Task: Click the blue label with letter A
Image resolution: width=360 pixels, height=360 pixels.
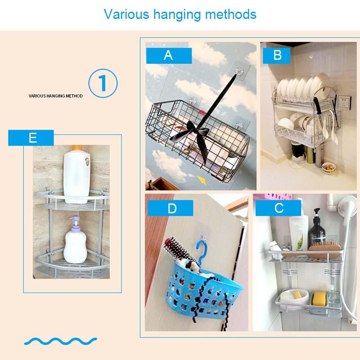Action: coord(168,55)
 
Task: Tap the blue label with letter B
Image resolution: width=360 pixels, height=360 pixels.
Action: coord(278,55)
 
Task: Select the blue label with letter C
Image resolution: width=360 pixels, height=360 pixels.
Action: coord(279,207)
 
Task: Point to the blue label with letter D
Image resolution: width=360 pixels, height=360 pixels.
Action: coord(171,208)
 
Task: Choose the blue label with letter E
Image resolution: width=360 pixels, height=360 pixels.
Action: coord(32,138)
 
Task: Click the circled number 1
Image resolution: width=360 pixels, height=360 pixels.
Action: coord(103,83)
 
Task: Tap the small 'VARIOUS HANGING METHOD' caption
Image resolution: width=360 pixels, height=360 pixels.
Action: coord(55,96)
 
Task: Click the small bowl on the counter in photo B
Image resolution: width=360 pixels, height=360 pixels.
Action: coord(328,167)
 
